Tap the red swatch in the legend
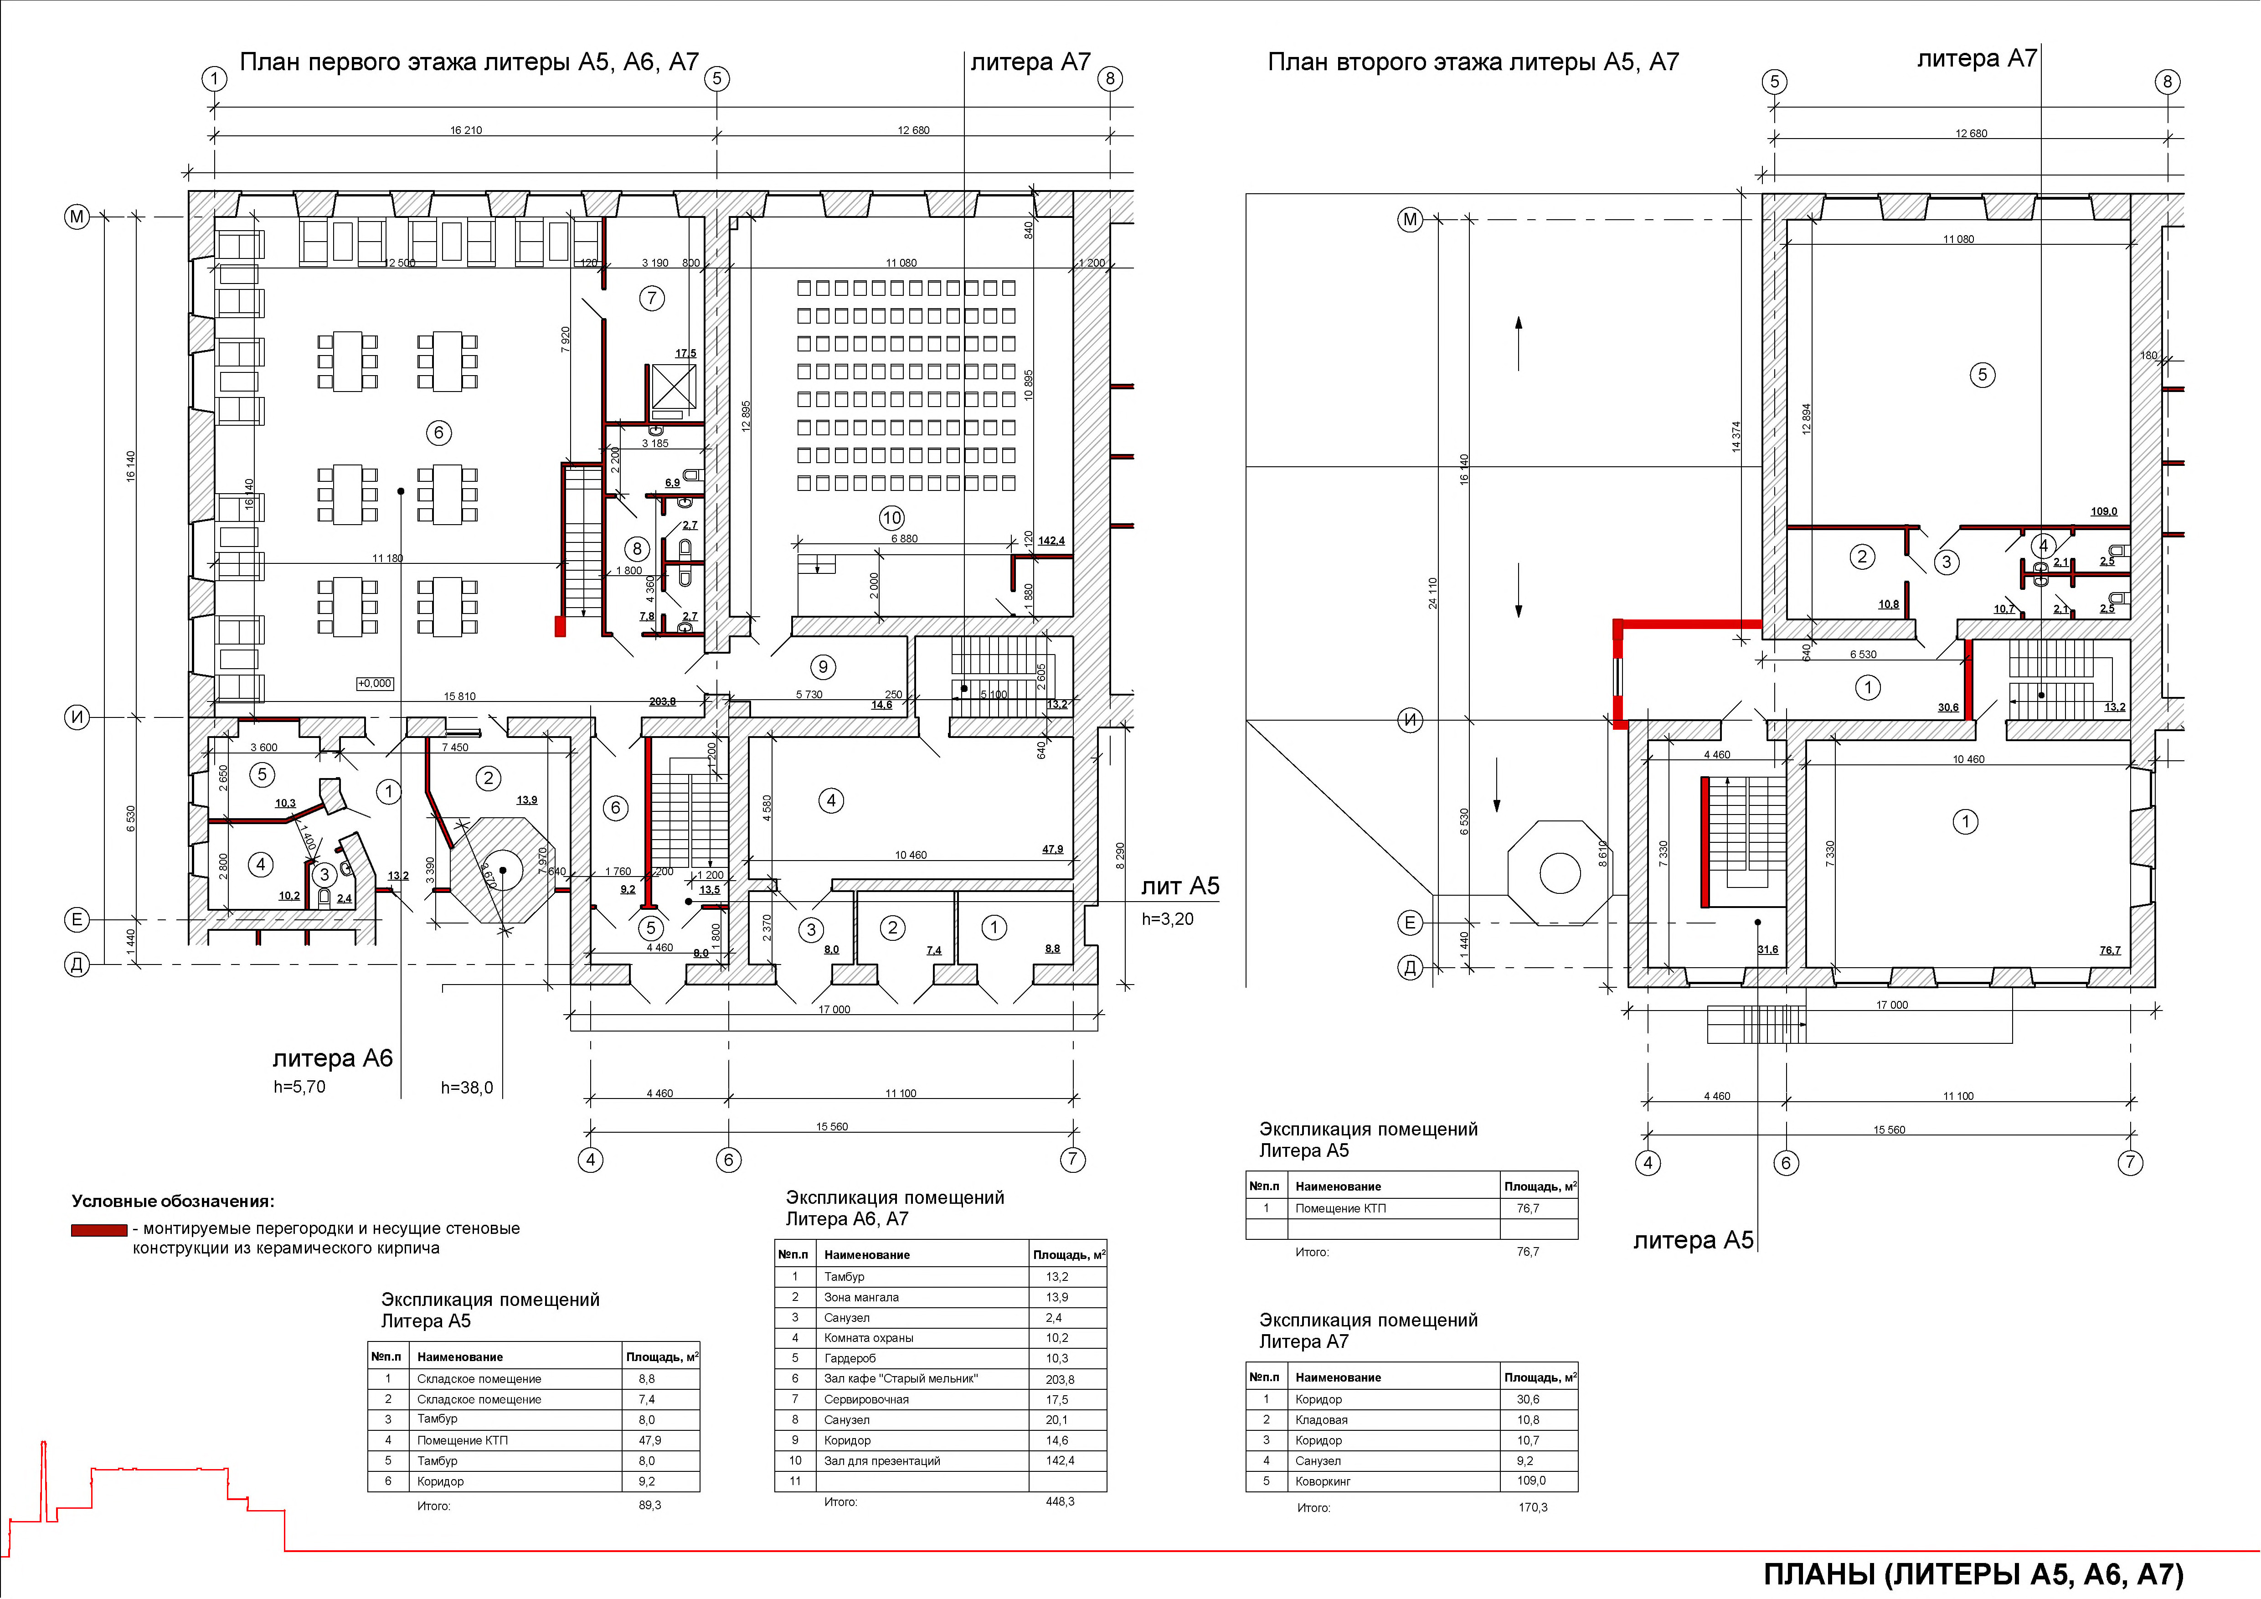pos(98,1230)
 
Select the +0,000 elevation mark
pos(374,683)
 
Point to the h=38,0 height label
pos(467,1088)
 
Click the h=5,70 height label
pos(299,1087)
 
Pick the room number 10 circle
pos(891,518)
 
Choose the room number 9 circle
pos(823,666)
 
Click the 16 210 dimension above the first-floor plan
pos(466,130)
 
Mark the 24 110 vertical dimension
pos(1433,593)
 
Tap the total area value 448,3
pos(1060,1501)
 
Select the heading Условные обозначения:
pos(173,1201)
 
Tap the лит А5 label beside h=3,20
pos(1180,886)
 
